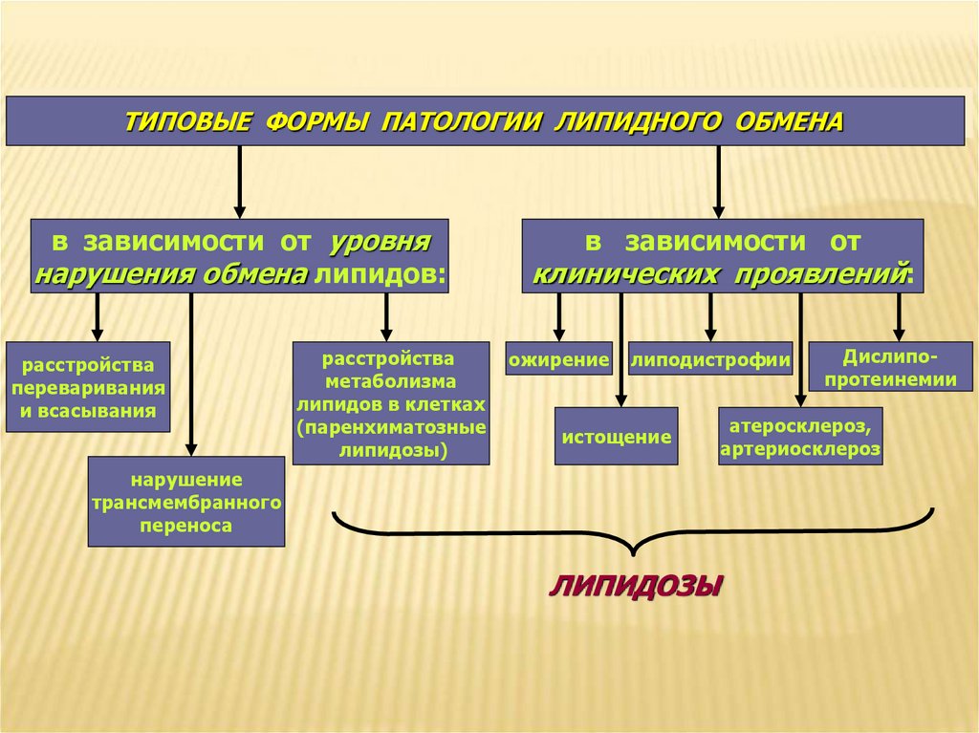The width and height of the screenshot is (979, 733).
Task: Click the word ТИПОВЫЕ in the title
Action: [x=187, y=121]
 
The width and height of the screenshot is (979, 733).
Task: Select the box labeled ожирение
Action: [x=559, y=359]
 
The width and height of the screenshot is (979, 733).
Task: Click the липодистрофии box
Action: [x=710, y=359]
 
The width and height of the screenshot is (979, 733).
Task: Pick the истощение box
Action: [x=616, y=436]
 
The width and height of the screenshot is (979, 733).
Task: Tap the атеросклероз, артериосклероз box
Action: [x=800, y=436]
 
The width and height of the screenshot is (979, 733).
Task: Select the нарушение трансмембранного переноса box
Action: [x=186, y=501]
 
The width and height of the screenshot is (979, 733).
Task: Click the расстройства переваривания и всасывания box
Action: [x=88, y=387]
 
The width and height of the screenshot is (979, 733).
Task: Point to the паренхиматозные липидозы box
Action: [x=391, y=403]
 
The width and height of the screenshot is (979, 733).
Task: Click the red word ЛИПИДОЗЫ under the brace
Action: [x=635, y=584]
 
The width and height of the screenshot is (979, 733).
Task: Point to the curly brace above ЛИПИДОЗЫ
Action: [x=632, y=535]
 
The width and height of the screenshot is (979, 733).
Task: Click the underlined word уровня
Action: [x=381, y=243]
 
